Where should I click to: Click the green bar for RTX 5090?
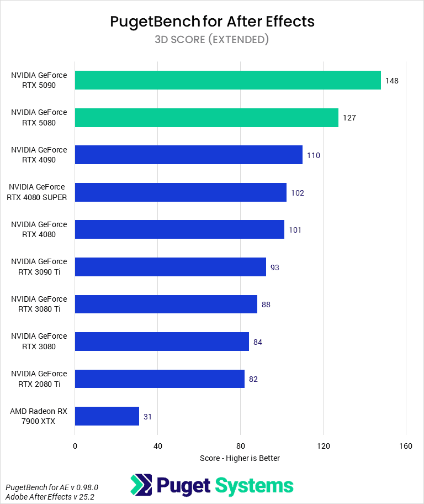click(x=227, y=80)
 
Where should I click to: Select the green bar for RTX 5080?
click(x=206, y=118)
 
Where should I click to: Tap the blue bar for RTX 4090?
click(x=188, y=155)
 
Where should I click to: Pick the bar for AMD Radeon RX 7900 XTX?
click(x=107, y=416)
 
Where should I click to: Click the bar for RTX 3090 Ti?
click(x=170, y=267)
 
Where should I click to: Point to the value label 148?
click(x=392, y=81)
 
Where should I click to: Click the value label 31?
click(x=147, y=417)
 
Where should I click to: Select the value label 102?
click(x=298, y=193)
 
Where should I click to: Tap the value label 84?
click(x=257, y=342)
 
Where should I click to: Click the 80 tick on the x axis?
click(x=240, y=446)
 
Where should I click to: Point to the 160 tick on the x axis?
click(x=406, y=446)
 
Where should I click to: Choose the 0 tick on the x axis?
click(x=75, y=446)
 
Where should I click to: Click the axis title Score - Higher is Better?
click(x=240, y=458)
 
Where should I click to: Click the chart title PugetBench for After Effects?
click(x=212, y=22)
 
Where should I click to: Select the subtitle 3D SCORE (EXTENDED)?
click(x=212, y=39)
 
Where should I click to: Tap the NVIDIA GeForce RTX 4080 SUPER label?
click(x=38, y=192)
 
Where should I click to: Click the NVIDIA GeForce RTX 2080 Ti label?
click(x=39, y=379)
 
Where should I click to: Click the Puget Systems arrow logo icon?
click(x=141, y=485)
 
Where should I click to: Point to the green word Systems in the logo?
click(x=254, y=486)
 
